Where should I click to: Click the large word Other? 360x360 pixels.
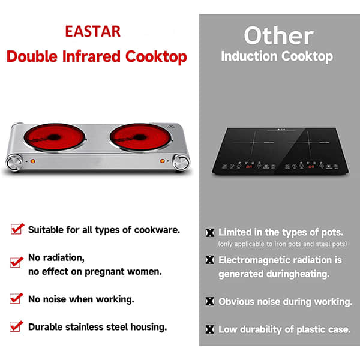pos(278,36)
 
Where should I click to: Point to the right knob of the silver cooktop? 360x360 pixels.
pos(179,163)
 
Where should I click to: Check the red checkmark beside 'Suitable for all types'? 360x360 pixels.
pos(17,229)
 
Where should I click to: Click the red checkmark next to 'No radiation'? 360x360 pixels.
pos(17,262)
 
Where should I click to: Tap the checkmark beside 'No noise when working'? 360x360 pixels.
pos(17,298)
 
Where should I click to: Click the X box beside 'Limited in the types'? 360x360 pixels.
pos(210,233)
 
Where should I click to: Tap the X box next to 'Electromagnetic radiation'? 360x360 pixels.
pos(210,260)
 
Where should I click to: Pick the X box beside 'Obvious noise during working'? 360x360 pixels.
pos(210,302)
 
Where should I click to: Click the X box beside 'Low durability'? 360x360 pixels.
pos(210,329)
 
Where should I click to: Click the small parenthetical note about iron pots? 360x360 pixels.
pos(282,244)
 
